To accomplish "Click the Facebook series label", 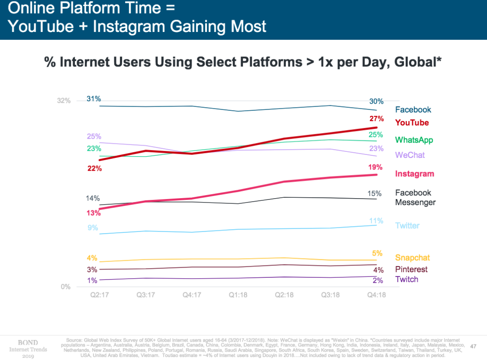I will click(413, 110).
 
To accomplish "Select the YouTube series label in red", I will click(412, 123).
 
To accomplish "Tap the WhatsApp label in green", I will click(414, 140).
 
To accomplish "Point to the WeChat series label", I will click(410, 155).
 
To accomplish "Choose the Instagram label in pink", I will click(414, 174).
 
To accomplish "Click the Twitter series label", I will click(407, 226).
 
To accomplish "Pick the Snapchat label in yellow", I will click(412, 258).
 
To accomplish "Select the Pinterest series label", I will click(411, 269).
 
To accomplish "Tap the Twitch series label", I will click(406, 280).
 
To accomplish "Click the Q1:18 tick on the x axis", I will click(238, 295).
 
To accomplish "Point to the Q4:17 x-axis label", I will click(192, 295).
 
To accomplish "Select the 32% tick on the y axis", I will click(64, 101).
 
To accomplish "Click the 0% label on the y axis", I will click(65, 287).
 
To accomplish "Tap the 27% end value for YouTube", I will click(376, 119).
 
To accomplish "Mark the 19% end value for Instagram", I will click(375, 167).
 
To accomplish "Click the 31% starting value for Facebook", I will click(94, 99).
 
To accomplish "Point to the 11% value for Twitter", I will click(376, 221).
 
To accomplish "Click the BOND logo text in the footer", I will click(28, 343).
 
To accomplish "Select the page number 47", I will click(473, 346).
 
